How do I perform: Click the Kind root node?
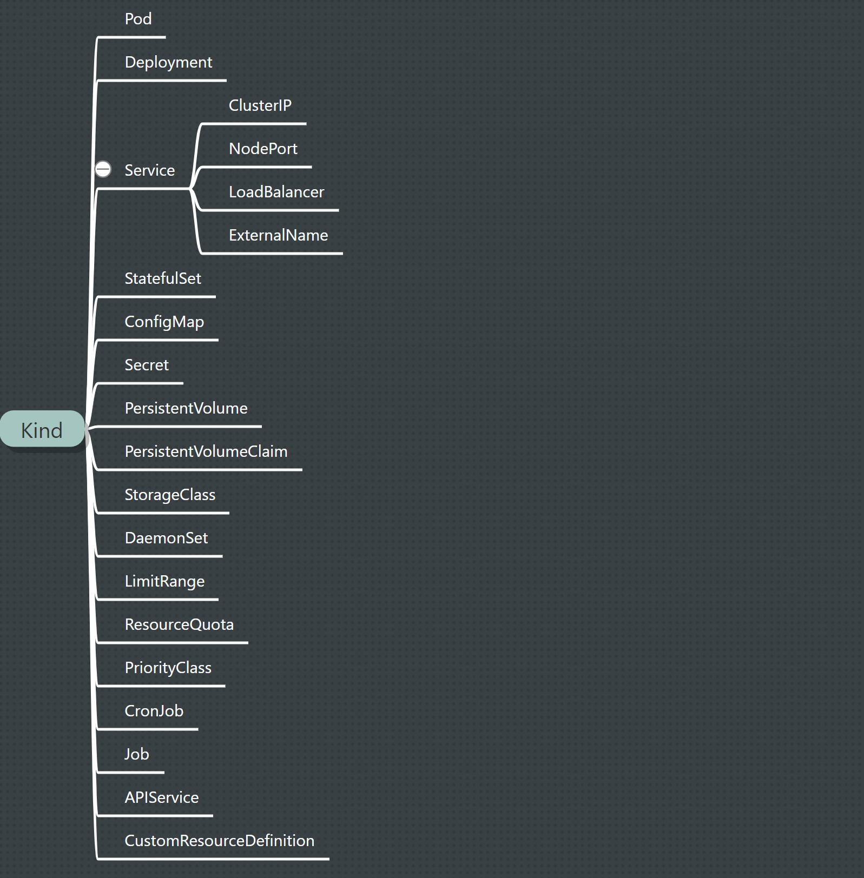[42, 430]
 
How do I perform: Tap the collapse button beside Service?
[103, 169]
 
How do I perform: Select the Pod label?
[138, 19]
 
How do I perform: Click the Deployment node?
[168, 62]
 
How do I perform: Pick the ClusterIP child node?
[260, 105]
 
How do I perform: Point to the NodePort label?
[263, 149]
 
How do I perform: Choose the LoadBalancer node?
[276, 192]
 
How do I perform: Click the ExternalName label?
[278, 235]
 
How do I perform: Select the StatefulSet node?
[162, 278]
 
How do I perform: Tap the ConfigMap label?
[164, 322]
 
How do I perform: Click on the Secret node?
[146, 365]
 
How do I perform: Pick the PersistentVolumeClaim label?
[206, 451]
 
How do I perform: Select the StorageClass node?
[170, 495]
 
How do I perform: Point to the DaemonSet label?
[166, 538]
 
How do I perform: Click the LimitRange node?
[164, 581]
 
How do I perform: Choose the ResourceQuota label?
[179, 624]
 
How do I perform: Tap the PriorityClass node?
[168, 668]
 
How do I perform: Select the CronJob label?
[154, 711]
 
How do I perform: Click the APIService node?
[161, 797]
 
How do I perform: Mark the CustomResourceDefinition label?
[219, 841]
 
